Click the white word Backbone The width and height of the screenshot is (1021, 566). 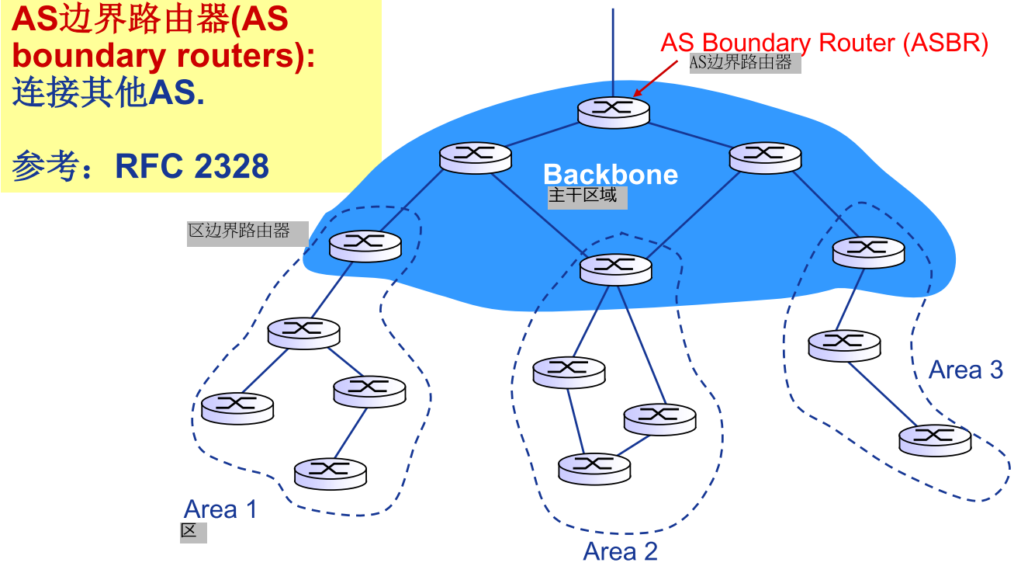pos(610,175)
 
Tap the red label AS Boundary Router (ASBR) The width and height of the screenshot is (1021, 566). pos(824,43)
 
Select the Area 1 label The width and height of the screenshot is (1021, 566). pos(220,510)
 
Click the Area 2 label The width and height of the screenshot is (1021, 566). pos(620,551)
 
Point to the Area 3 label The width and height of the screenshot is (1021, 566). pos(966,370)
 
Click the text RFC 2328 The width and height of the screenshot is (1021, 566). pos(192,166)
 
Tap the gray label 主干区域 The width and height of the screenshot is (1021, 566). pos(583,196)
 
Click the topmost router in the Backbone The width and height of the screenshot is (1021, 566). pos(613,109)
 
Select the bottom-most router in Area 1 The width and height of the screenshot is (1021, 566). pos(331,470)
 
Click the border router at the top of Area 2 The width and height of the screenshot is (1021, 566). pos(616,266)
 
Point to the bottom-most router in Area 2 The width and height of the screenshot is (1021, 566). pos(594,465)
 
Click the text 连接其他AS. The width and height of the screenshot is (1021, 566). pos(109,94)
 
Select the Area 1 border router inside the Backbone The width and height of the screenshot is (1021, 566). pos(365,243)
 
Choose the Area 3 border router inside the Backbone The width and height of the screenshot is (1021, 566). pos(868,249)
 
